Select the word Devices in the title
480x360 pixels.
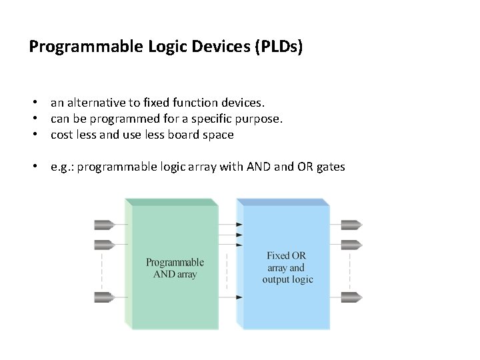[218, 47]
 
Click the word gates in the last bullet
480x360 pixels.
[330, 167]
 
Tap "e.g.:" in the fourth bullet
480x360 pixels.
[63, 167]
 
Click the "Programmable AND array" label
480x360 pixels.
[175, 268]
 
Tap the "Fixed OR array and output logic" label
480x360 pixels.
[287, 267]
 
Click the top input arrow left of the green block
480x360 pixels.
[105, 225]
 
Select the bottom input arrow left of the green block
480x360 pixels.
[105, 297]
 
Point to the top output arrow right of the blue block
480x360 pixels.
[351, 225]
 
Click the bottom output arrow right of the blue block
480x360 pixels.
[351, 297]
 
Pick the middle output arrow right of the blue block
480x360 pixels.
[351, 244]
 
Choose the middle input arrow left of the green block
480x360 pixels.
[105, 244]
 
